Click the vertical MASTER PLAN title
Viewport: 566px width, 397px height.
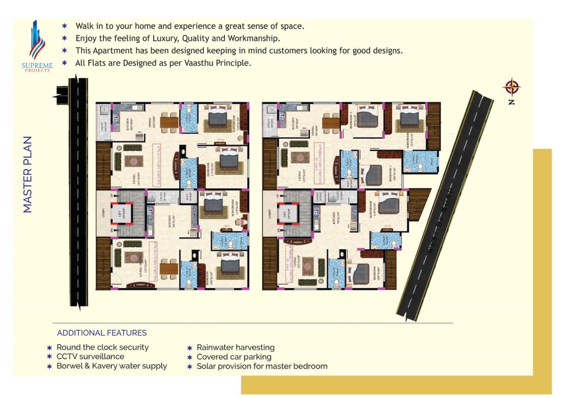pyautogui.click(x=28, y=174)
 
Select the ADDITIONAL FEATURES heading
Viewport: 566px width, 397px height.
pyautogui.click(x=102, y=333)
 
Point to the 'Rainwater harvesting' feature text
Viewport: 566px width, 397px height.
pyautogui.click(x=235, y=347)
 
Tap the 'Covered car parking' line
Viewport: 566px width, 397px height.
pyautogui.click(x=234, y=356)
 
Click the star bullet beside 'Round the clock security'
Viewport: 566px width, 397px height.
pyautogui.click(x=49, y=348)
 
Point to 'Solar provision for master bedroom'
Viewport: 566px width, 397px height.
pyautogui.click(x=262, y=366)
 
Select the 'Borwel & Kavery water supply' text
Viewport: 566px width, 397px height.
pyautogui.click(x=111, y=366)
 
